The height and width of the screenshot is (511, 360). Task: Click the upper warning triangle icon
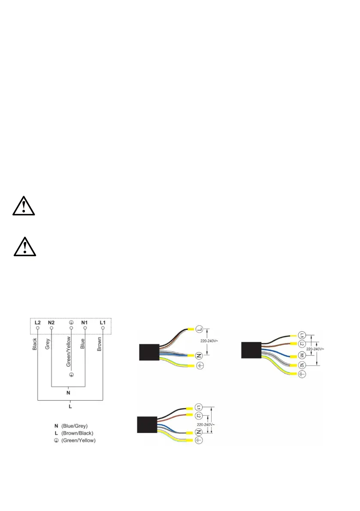coord(24,206)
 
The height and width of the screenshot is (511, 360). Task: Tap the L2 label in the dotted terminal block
coord(38,322)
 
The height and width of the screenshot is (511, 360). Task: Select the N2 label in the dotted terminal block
coord(51,322)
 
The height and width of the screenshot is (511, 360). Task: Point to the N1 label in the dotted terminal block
coord(85,322)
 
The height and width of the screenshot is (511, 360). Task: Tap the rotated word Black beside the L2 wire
coord(35,344)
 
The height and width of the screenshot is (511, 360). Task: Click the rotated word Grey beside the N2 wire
coord(48,345)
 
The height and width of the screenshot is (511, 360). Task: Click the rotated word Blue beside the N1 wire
coord(82,345)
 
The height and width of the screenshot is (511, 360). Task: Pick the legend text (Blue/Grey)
coord(74,426)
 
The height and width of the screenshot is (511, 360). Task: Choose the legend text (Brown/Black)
coord(77,433)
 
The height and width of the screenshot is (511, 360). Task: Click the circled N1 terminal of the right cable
coord(301,356)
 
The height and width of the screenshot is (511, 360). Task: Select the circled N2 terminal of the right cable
coord(301,366)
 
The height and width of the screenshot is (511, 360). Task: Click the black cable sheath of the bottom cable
coord(146,425)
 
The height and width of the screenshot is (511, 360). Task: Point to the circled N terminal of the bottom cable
coord(198,433)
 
